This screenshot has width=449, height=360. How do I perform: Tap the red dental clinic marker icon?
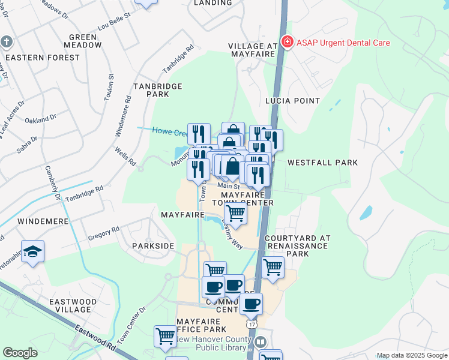pyautogui.click(x=288, y=42)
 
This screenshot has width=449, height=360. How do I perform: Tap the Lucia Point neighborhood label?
pyautogui.click(x=294, y=101)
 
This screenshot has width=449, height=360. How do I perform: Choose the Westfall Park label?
pyautogui.click(x=322, y=163)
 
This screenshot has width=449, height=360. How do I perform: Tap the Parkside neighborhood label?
pyautogui.click(x=153, y=246)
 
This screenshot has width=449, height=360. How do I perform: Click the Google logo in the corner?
pyautogui.click(x=20, y=353)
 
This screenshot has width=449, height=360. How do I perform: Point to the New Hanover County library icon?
pyautogui.click(x=261, y=341)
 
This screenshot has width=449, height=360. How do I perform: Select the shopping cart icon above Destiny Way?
pyautogui.click(x=235, y=212)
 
